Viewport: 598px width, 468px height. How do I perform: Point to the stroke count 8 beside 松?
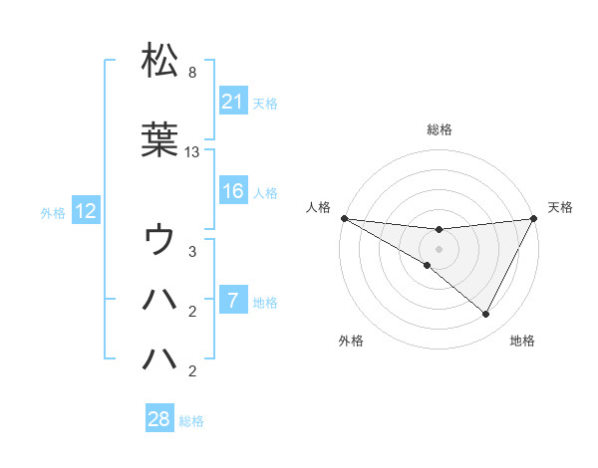click(x=191, y=73)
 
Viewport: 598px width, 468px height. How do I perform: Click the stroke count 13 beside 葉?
click(x=192, y=152)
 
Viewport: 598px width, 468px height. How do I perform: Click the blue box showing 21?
click(x=232, y=102)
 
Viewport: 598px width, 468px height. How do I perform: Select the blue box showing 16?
click(x=232, y=191)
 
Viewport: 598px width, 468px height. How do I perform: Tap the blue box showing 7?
click(x=232, y=301)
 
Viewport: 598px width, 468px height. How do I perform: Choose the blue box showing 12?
click(x=85, y=211)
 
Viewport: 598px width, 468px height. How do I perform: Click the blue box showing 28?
click(x=159, y=420)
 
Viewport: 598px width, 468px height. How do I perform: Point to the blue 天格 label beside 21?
click(x=265, y=103)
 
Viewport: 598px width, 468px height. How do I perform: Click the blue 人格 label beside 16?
click(x=265, y=192)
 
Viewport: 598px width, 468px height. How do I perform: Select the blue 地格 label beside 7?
click(x=265, y=302)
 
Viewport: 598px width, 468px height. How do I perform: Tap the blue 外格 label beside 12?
click(x=53, y=212)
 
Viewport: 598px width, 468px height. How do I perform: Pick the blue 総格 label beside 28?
click(x=191, y=421)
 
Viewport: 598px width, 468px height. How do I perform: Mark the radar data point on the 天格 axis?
click(x=534, y=218)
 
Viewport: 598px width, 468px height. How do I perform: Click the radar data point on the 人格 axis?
click(x=344, y=218)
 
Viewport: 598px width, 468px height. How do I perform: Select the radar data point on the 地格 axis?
click(x=486, y=315)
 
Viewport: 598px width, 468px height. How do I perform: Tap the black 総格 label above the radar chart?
click(x=440, y=129)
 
